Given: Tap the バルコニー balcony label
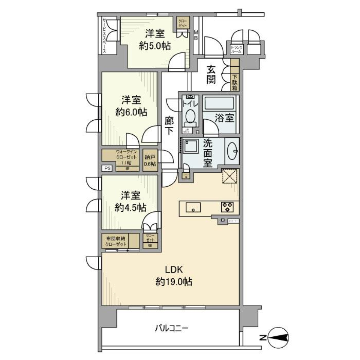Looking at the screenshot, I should click(x=171, y=328).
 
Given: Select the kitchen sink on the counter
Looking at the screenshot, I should click(x=192, y=207).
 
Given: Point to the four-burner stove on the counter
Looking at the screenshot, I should click(x=227, y=207).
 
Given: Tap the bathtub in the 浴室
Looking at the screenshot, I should click(x=219, y=102).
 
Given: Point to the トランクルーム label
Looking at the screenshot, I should click(x=237, y=49).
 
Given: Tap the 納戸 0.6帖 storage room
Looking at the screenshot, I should click(x=150, y=160).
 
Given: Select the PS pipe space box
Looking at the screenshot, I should click(x=108, y=168).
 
